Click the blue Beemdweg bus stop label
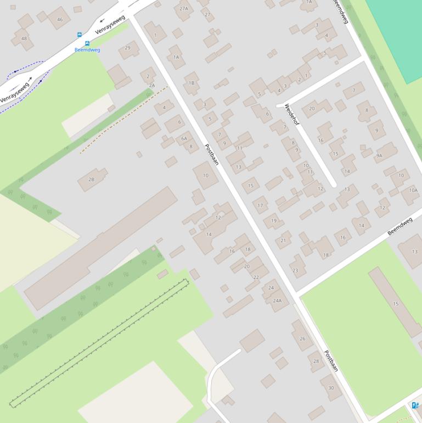(87, 50)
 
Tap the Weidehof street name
(291, 115)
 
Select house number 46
(60, 19)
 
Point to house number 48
(24, 38)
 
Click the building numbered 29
(128, 47)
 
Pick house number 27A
(184, 8)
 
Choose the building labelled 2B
(91, 179)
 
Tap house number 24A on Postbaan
(277, 300)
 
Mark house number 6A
(184, 138)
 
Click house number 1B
(192, 83)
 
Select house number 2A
(152, 85)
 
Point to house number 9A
(379, 155)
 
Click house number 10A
(413, 190)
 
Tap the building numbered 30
(331, 387)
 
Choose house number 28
(316, 361)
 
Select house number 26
(302, 338)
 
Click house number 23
(295, 270)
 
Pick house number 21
(283, 240)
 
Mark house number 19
(273, 221)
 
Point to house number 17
(261, 205)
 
